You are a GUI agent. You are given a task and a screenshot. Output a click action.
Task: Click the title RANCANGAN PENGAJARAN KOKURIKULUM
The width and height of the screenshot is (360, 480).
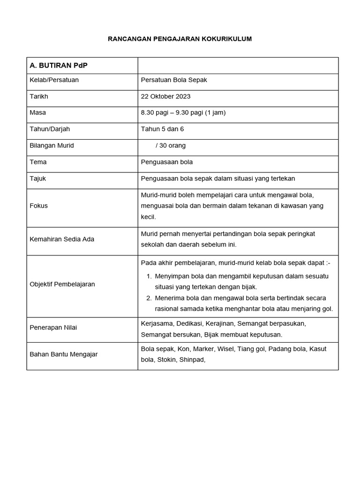[180, 39]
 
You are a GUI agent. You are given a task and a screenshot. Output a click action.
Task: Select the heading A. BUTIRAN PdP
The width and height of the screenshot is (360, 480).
[58, 66]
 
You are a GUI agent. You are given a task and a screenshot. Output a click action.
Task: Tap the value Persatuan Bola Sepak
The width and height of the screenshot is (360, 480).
[174, 80]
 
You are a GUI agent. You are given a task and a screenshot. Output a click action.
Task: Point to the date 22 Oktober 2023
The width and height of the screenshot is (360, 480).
[165, 97]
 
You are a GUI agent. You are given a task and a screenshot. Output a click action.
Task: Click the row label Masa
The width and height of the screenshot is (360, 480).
[37, 112]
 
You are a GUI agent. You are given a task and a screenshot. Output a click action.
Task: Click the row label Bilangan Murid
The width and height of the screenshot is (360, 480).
[52, 145]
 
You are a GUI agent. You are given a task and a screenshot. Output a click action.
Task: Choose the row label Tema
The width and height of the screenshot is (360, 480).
[38, 162]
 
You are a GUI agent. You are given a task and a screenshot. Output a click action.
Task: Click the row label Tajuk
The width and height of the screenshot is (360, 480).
[37, 179]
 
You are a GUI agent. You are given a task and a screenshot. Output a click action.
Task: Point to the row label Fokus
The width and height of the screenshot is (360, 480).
[38, 205]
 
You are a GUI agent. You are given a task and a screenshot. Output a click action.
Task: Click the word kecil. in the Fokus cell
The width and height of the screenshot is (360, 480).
[149, 217]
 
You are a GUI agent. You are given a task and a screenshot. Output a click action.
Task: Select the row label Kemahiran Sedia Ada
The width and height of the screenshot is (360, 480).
[62, 239]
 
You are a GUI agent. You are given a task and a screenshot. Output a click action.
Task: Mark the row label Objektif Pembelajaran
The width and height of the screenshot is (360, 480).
[62, 284]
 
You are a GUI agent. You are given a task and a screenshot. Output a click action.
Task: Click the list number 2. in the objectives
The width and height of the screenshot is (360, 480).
[149, 298]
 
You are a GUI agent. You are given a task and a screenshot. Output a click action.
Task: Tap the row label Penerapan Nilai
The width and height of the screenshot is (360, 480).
[53, 327]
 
